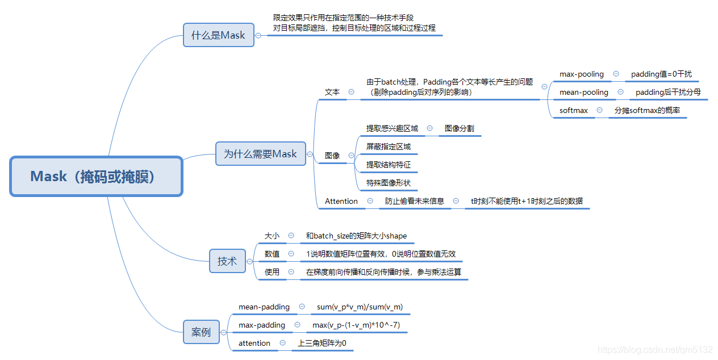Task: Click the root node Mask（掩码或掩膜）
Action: (x=96, y=177)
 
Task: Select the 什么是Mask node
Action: (x=218, y=35)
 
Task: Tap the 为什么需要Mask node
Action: (x=260, y=154)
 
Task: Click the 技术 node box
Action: (x=227, y=261)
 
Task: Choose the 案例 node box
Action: (x=201, y=332)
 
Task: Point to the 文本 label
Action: (x=332, y=92)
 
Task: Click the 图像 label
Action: (x=332, y=156)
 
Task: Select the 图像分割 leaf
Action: (x=459, y=129)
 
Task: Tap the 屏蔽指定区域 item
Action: (x=389, y=146)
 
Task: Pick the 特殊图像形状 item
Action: (x=389, y=183)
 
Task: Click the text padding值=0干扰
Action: (x=661, y=74)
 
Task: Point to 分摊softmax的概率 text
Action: (x=647, y=110)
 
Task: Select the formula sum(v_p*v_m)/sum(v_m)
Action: (x=360, y=307)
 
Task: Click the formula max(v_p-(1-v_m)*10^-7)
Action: (x=357, y=325)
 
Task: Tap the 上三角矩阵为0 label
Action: (x=322, y=343)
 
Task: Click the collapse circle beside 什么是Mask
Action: (x=258, y=35)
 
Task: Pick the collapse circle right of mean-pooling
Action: (x=621, y=92)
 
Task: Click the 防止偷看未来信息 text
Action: (x=415, y=201)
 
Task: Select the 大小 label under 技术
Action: (x=272, y=236)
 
